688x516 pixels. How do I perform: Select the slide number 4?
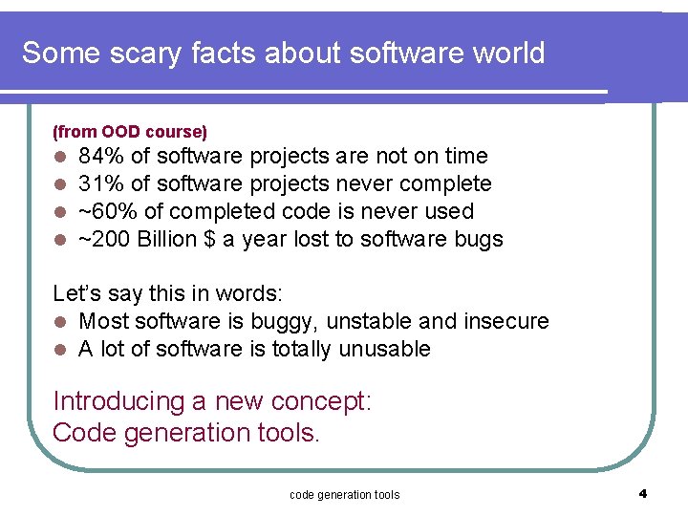(643, 493)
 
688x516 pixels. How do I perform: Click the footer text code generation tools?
(344, 494)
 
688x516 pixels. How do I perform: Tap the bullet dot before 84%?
(59, 157)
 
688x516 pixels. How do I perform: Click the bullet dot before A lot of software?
(59, 350)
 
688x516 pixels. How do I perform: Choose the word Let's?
(75, 293)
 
